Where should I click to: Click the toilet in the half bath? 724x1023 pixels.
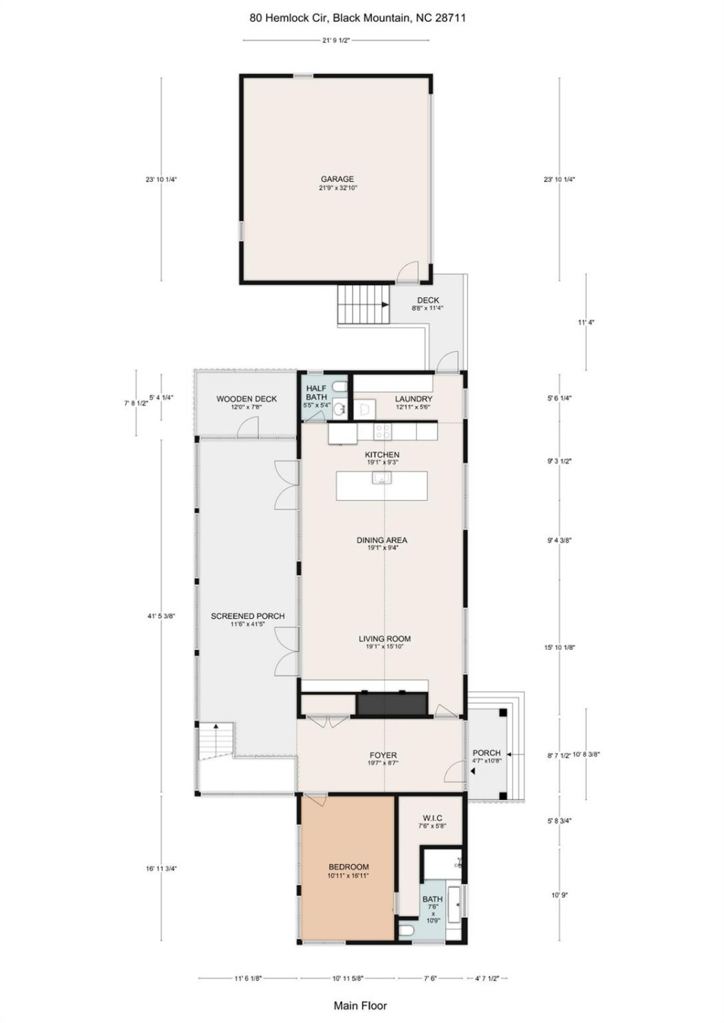[341, 386]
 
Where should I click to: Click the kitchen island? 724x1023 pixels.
[381, 486]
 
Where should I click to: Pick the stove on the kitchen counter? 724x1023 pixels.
[383, 431]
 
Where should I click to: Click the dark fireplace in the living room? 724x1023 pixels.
[391, 703]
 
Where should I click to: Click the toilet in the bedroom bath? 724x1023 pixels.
[407, 930]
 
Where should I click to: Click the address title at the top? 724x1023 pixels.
[358, 18]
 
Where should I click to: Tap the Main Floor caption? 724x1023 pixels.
[361, 1005]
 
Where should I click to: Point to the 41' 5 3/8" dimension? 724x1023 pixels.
[161, 617]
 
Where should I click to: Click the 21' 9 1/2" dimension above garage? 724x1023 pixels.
[336, 40]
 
